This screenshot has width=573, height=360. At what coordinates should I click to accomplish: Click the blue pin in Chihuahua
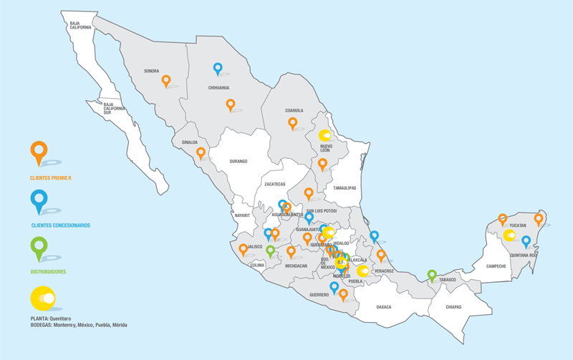tap(218, 69)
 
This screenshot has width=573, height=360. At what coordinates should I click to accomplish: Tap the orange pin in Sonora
tap(166, 81)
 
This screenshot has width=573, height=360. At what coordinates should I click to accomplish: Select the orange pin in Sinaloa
tap(201, 152)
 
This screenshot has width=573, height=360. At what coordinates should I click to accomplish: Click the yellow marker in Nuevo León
tap(324, 135)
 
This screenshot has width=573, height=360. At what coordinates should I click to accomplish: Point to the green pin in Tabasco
tap(432, 275)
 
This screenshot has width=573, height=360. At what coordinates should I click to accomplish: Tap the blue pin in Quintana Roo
tap(526, 241)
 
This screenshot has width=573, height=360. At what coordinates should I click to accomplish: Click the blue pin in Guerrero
tap(334, 287)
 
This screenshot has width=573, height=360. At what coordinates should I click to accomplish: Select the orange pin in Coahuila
tap(292, 122)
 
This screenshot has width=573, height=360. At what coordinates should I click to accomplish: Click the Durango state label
tap(239, 162)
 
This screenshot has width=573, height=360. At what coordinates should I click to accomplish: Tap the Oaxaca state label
tap(384, 307)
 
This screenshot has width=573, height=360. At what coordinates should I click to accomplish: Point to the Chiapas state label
tap(453, 307)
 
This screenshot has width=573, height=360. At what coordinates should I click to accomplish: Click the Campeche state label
tap(496, 266)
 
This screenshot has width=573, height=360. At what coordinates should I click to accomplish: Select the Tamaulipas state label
tap(344, 188)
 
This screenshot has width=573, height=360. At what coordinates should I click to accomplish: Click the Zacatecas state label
tap(275, 184)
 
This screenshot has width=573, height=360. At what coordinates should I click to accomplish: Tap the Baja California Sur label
tap(114, 109)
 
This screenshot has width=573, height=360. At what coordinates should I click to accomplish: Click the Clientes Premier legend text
tap(51, 177)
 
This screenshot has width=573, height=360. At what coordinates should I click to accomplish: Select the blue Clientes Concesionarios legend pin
tap(39, 200)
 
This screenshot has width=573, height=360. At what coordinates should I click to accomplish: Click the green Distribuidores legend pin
tap(39, 248)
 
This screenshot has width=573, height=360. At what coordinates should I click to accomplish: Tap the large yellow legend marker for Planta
tap(44, 298)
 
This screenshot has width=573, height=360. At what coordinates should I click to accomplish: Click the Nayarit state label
tap(242, 215)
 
